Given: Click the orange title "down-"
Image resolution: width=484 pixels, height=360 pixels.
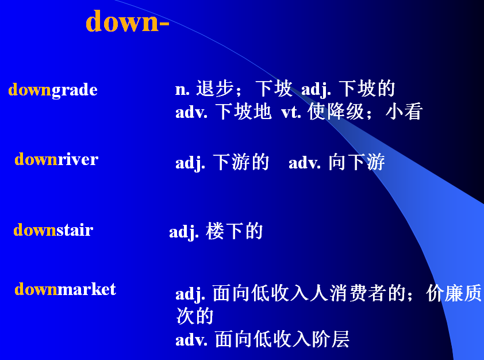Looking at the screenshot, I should click(127, 22).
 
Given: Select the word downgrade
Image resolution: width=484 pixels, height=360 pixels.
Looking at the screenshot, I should click(53, 90).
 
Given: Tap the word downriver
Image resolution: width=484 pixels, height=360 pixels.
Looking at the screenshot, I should click(56, 159).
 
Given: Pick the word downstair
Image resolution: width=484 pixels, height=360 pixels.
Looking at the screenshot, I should click(53, 230).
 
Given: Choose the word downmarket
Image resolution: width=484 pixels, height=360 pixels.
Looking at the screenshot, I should click(65, 289).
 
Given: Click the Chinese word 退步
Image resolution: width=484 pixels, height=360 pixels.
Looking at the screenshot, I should click(214, 89).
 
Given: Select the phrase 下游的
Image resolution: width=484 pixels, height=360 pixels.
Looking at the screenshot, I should click(241, 163).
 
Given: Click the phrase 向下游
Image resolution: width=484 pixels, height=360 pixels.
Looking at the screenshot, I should click(356, 163).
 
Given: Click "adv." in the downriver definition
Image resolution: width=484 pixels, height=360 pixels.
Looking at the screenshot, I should click(305, 163).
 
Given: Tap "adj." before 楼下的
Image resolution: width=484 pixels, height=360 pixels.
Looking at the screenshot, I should click(184, 232).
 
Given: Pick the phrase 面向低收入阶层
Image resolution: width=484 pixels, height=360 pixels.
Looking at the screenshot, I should click(282, 339).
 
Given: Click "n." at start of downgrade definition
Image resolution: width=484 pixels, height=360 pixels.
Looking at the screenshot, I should click(182, 90).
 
